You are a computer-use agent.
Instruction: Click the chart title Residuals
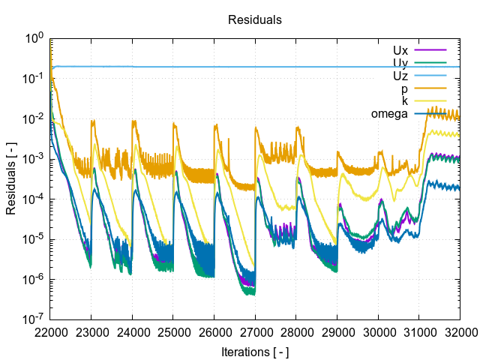click(254, 20)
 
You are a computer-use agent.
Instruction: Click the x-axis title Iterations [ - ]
click(254, 351)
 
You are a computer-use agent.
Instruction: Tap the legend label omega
click(389, 114)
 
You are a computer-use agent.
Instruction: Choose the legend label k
click(405, 101)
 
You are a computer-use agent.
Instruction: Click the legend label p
click(405, 88)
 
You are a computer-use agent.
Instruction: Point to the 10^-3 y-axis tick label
click(34, 159)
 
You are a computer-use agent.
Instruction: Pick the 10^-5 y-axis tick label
click(34, 239)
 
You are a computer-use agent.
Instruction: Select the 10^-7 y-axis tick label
click(34, 320)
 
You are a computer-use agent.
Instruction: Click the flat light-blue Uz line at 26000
click(214, 67)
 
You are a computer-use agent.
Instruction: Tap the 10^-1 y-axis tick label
click(34, 78)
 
